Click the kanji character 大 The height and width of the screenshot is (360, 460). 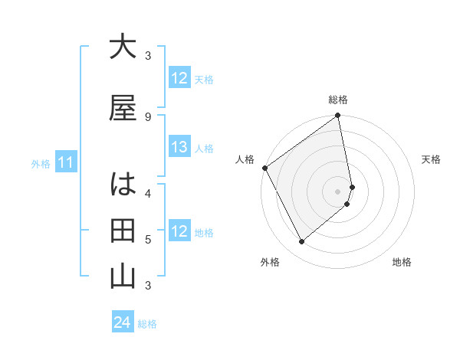click(x=123, y=47)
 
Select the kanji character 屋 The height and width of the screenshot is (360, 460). click(x=123, y=108)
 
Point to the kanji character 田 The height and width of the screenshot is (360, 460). click(x=123, y=231)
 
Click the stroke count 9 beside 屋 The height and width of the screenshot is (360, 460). click(x=147, y=117)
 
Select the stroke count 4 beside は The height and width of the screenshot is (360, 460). click(x=147, y=193)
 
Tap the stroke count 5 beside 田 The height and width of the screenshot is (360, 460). click(x=147, y=239)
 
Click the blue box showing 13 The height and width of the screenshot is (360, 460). click(x=179, y=147)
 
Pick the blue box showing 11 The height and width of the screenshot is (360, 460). click(x=66, y=162)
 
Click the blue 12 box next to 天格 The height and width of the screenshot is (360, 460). click(x=179, y=78)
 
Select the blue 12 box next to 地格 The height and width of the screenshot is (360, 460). click(x=179, y=231)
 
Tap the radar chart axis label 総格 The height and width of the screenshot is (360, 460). click(x=338, y=100)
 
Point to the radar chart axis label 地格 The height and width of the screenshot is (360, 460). click(x=402, y=262)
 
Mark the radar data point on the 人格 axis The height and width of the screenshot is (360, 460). click(x=264, y=168)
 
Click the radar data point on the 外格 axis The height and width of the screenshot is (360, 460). click(x=301, y=242)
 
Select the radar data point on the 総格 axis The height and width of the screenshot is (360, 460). click(x=338, y=116)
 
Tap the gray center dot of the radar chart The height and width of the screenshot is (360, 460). click(x=338, y=191)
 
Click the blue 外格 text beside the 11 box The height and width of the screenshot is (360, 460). click(x=41, y=163)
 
